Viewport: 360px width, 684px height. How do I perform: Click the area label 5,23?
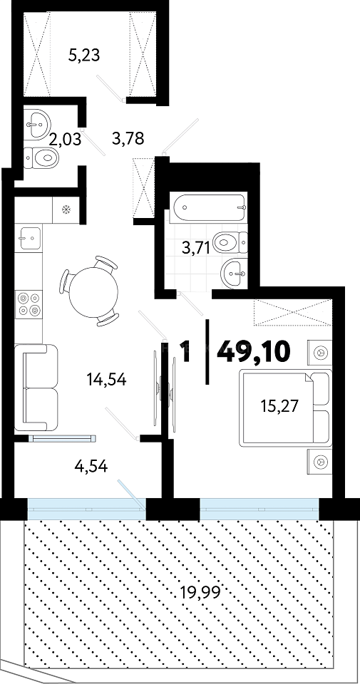click(x=85, y=56)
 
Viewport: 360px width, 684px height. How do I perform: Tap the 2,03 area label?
click(x=65, y=141)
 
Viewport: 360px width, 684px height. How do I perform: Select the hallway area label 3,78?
click(x=128, y=139)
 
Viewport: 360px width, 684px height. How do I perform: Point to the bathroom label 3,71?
click(x=196, y=249)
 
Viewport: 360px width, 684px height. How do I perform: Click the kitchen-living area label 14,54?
click(x=106, y=380)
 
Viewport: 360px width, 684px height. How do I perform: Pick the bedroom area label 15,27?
click(x=279, y=406)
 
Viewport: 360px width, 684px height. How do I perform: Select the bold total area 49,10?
click(x=253, y=351)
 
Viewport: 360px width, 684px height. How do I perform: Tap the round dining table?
click(x=94, y=291)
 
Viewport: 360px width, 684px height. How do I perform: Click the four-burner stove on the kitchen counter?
click(x=29, y=304)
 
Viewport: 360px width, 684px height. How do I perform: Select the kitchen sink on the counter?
click(x=30, y=238)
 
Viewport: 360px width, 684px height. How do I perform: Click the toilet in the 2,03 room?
click(x=41, y=157)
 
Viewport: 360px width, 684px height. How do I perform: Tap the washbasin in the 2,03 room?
click(x=37, y=124)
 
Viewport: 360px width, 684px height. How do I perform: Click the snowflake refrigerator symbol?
click(x=66, y=210)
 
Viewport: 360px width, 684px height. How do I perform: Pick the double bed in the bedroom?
click(x=286, y=408)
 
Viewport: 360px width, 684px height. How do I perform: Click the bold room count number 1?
click(x=185, y=351)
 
